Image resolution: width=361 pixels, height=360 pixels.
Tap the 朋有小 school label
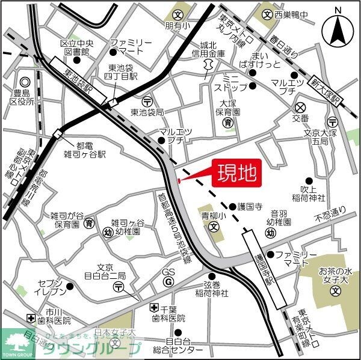click(x=177, y=26)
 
